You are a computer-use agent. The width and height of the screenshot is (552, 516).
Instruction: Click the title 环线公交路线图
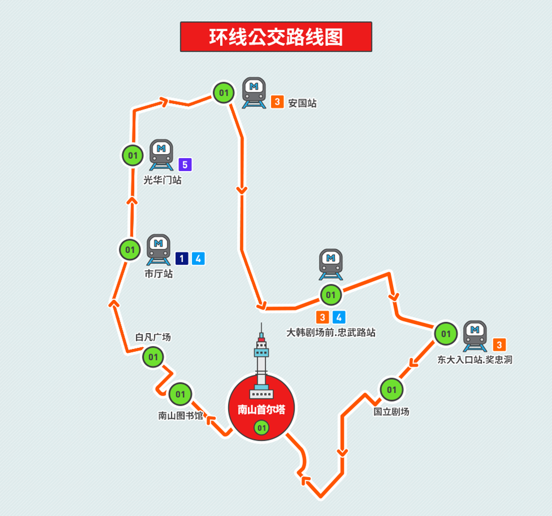coord(276,37)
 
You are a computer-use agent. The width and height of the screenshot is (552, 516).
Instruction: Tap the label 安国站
coord(302,103)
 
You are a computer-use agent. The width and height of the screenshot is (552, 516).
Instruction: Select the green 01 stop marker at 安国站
coord(224,92)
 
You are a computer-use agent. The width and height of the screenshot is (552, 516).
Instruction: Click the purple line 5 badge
coord(185,165)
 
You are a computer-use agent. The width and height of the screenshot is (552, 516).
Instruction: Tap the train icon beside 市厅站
coord(159,249)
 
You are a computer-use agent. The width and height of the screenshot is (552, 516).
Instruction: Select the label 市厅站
coord(158,275)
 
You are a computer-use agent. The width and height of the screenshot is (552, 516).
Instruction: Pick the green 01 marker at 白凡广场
coord(153,357)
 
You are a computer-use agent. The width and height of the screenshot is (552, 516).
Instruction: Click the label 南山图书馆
coord(180,416)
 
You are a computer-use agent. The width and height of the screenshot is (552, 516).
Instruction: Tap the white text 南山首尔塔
coord(261,410)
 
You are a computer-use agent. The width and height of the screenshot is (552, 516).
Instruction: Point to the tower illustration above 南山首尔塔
coord(261,360)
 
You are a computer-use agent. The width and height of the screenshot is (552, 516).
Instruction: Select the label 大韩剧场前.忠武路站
coord(331,333)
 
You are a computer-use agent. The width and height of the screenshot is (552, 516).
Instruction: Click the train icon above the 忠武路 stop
coord(331,263)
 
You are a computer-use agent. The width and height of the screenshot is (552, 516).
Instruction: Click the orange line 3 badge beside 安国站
coord(277,102)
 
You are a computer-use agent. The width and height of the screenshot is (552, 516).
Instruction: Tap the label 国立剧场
coord(391,411)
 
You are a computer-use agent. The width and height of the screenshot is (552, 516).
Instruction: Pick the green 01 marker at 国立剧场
coord(391,389)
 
